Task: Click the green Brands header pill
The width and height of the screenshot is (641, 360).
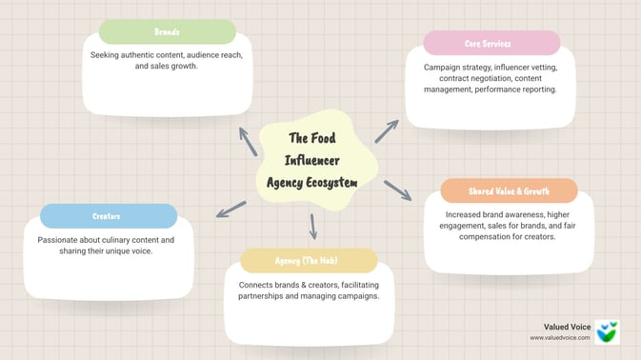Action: [x=168, y=31]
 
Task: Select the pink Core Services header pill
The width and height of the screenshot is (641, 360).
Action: [x=491, y=43]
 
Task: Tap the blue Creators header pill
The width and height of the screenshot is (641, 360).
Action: [x=108, y=216]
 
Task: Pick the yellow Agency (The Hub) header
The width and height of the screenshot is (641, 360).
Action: [x=309, y=260]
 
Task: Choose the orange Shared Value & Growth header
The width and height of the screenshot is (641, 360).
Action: [x=509, y=190]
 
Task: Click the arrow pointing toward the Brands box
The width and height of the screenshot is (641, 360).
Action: [x=248, y=141]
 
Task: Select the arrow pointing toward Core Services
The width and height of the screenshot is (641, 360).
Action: [x=386, y=131]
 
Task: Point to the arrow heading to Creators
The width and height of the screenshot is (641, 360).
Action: [x=230, y=209]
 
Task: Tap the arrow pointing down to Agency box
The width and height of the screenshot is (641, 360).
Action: [x=312, y=227]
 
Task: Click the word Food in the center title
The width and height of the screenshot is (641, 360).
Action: [x=325, y=138]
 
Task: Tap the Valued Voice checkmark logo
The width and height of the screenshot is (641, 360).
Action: [x=607, y=332]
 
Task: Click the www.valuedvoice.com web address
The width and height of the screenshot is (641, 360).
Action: [x=560, y=338]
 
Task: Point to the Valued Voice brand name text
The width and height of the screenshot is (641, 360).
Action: [x=567, y=327]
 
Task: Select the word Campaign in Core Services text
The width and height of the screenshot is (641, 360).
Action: [x=444, y=67]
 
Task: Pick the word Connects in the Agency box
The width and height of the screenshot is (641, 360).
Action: [x=257, y=284]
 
